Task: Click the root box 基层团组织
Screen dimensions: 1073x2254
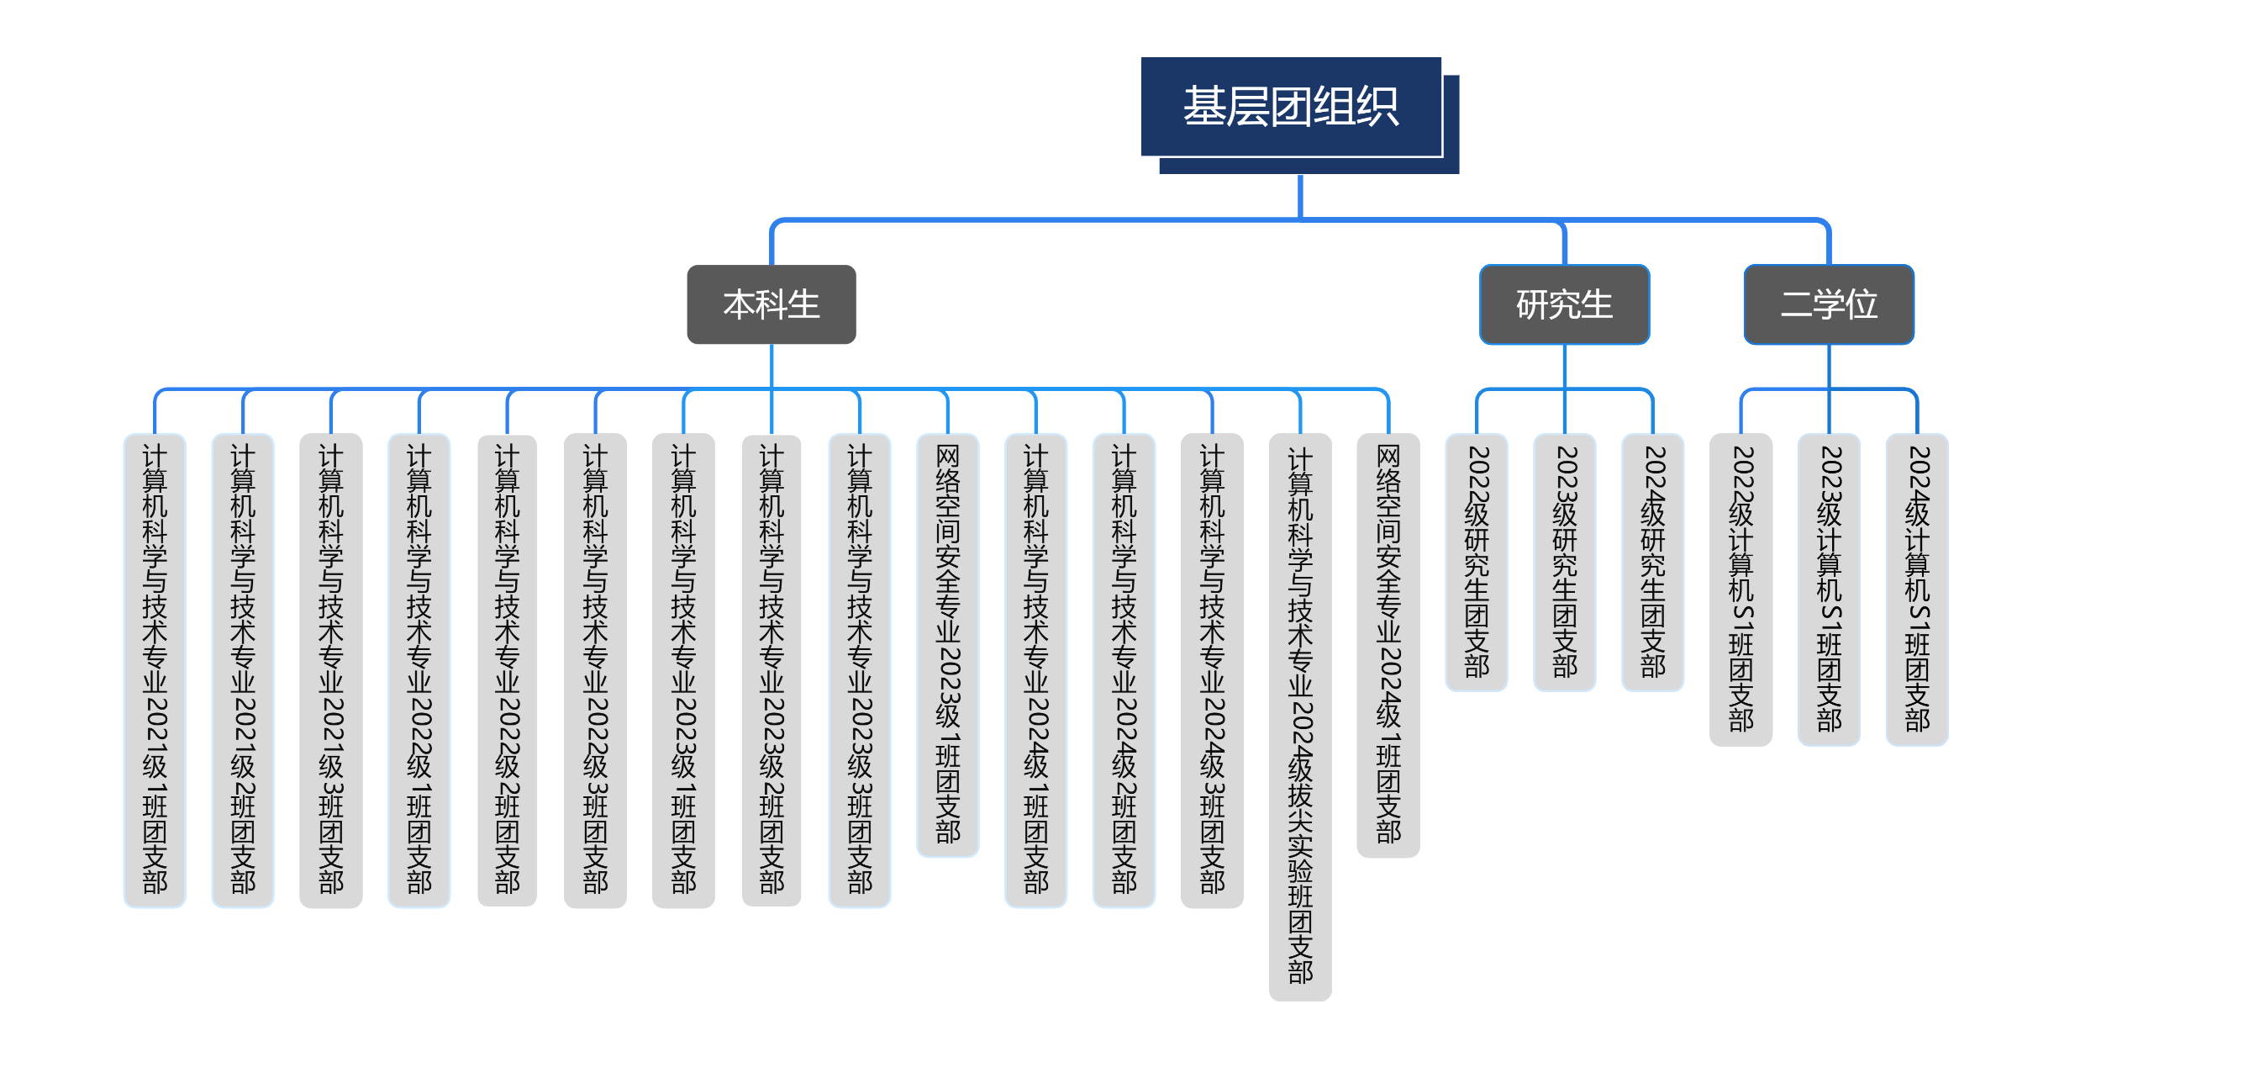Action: coord(1291,107)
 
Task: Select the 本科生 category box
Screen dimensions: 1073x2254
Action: coord(771,304)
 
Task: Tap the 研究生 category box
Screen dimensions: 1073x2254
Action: coord(1564,304)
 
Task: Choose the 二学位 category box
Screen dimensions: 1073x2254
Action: coord(1828,304)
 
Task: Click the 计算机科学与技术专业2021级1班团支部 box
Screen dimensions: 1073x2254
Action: coord(155,669)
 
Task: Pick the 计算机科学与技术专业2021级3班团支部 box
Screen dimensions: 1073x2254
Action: coord(331,669)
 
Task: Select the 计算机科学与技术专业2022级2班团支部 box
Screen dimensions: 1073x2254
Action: coord(508,669)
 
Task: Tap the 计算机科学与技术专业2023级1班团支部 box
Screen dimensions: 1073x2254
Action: coord(683,669)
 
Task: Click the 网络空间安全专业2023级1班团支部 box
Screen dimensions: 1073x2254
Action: coord(948,644)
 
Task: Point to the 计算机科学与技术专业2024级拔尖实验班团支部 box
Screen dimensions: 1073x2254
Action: coord(1300,716)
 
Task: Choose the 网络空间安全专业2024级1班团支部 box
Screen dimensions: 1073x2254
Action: coord(1388,644)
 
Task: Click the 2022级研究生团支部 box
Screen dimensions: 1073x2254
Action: coord(1476,562)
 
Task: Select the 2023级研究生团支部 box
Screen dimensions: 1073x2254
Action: coord(1565,562)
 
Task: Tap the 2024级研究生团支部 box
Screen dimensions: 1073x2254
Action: coord(1653,562)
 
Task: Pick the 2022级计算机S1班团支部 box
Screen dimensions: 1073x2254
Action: coord(1741,589)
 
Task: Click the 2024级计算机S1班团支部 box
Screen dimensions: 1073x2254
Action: coord(1917,589)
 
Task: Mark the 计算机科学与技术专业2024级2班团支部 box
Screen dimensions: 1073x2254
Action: coord(1124,669)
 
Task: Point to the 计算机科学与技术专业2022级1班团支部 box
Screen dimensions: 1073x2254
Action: coord(419,669)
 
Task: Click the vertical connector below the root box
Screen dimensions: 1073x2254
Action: coord(1300,196)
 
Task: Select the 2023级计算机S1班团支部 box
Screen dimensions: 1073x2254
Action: coord(1829,589)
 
